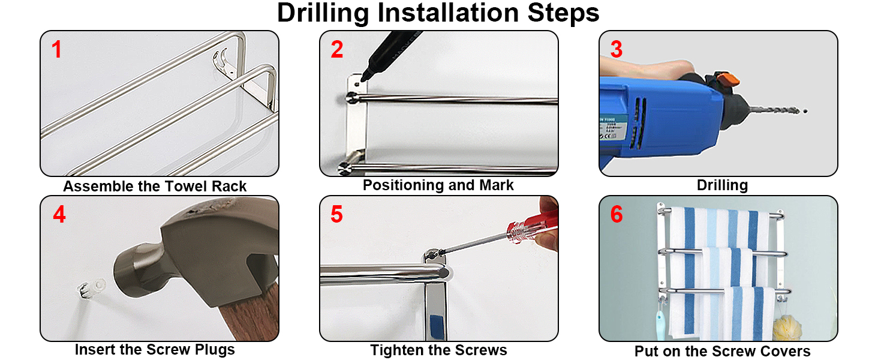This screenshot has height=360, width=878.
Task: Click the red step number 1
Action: click(x=57, y=49)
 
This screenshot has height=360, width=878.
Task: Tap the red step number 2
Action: click(x=336, y=49)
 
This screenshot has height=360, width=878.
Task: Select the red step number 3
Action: click(x=616, y=49)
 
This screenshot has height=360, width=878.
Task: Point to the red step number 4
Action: click(x=59, y=215)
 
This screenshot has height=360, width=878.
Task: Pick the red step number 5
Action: click(x=336, y=215)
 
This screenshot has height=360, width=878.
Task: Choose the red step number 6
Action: click(x=616, y=215)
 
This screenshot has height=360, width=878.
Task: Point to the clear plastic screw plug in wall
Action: click(x=92, y=289)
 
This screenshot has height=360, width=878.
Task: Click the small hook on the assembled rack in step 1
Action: click(x=220, y=61)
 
